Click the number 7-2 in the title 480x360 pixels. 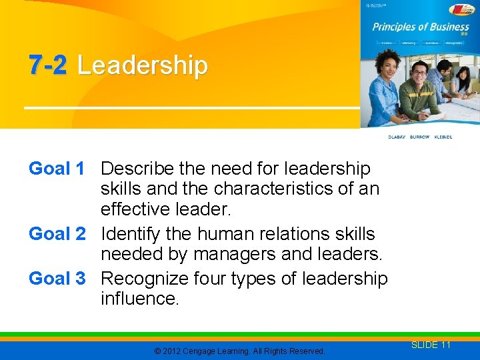pyautogui.click(x=49, y=66)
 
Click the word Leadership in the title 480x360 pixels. pyautogui.click(x=142, y=66)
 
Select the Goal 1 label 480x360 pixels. pyautogui.click(x=57, y=169)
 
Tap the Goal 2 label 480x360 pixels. pyautogui.click(x=57, y=234)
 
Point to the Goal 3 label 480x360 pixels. pyautogui.click(x=57, y=278)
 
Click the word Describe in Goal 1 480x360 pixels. pyautogui.click(x=135, y=169)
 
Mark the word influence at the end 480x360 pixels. pyautogui.click(x=139, y=299)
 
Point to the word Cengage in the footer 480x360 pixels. pyautogui.click(x=203, y=351)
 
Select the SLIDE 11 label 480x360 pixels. pyautogui.click(x=431, y=345)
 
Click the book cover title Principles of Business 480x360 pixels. pyautogui.click(x=420, y=27)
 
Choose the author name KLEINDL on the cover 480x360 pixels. pyautogui.click(x=443, y=137)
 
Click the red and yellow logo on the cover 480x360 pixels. pyautogui.click(x=461, y=9)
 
